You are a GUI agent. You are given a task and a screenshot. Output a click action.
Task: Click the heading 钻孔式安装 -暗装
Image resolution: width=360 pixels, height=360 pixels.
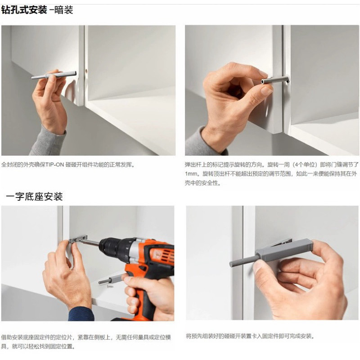37,10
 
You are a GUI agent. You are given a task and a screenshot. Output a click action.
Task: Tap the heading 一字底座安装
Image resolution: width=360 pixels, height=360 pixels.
34,197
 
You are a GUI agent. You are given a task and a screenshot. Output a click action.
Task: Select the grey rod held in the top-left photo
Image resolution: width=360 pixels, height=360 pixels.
54,75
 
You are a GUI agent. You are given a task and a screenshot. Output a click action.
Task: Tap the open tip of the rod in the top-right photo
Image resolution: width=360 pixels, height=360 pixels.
262,81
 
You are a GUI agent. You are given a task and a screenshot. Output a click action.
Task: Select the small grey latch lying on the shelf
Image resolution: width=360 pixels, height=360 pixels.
111,279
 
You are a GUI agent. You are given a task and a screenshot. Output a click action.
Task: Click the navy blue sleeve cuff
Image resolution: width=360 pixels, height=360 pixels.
81,314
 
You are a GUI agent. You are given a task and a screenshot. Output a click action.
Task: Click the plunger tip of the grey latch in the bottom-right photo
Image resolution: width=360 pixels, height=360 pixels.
231,264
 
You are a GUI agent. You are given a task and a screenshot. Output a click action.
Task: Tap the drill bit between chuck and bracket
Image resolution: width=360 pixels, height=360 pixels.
91,242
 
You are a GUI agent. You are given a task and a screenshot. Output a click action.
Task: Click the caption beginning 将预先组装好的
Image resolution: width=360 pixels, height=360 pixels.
250,336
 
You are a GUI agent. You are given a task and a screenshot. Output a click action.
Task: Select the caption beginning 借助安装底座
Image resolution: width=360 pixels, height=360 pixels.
86,342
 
